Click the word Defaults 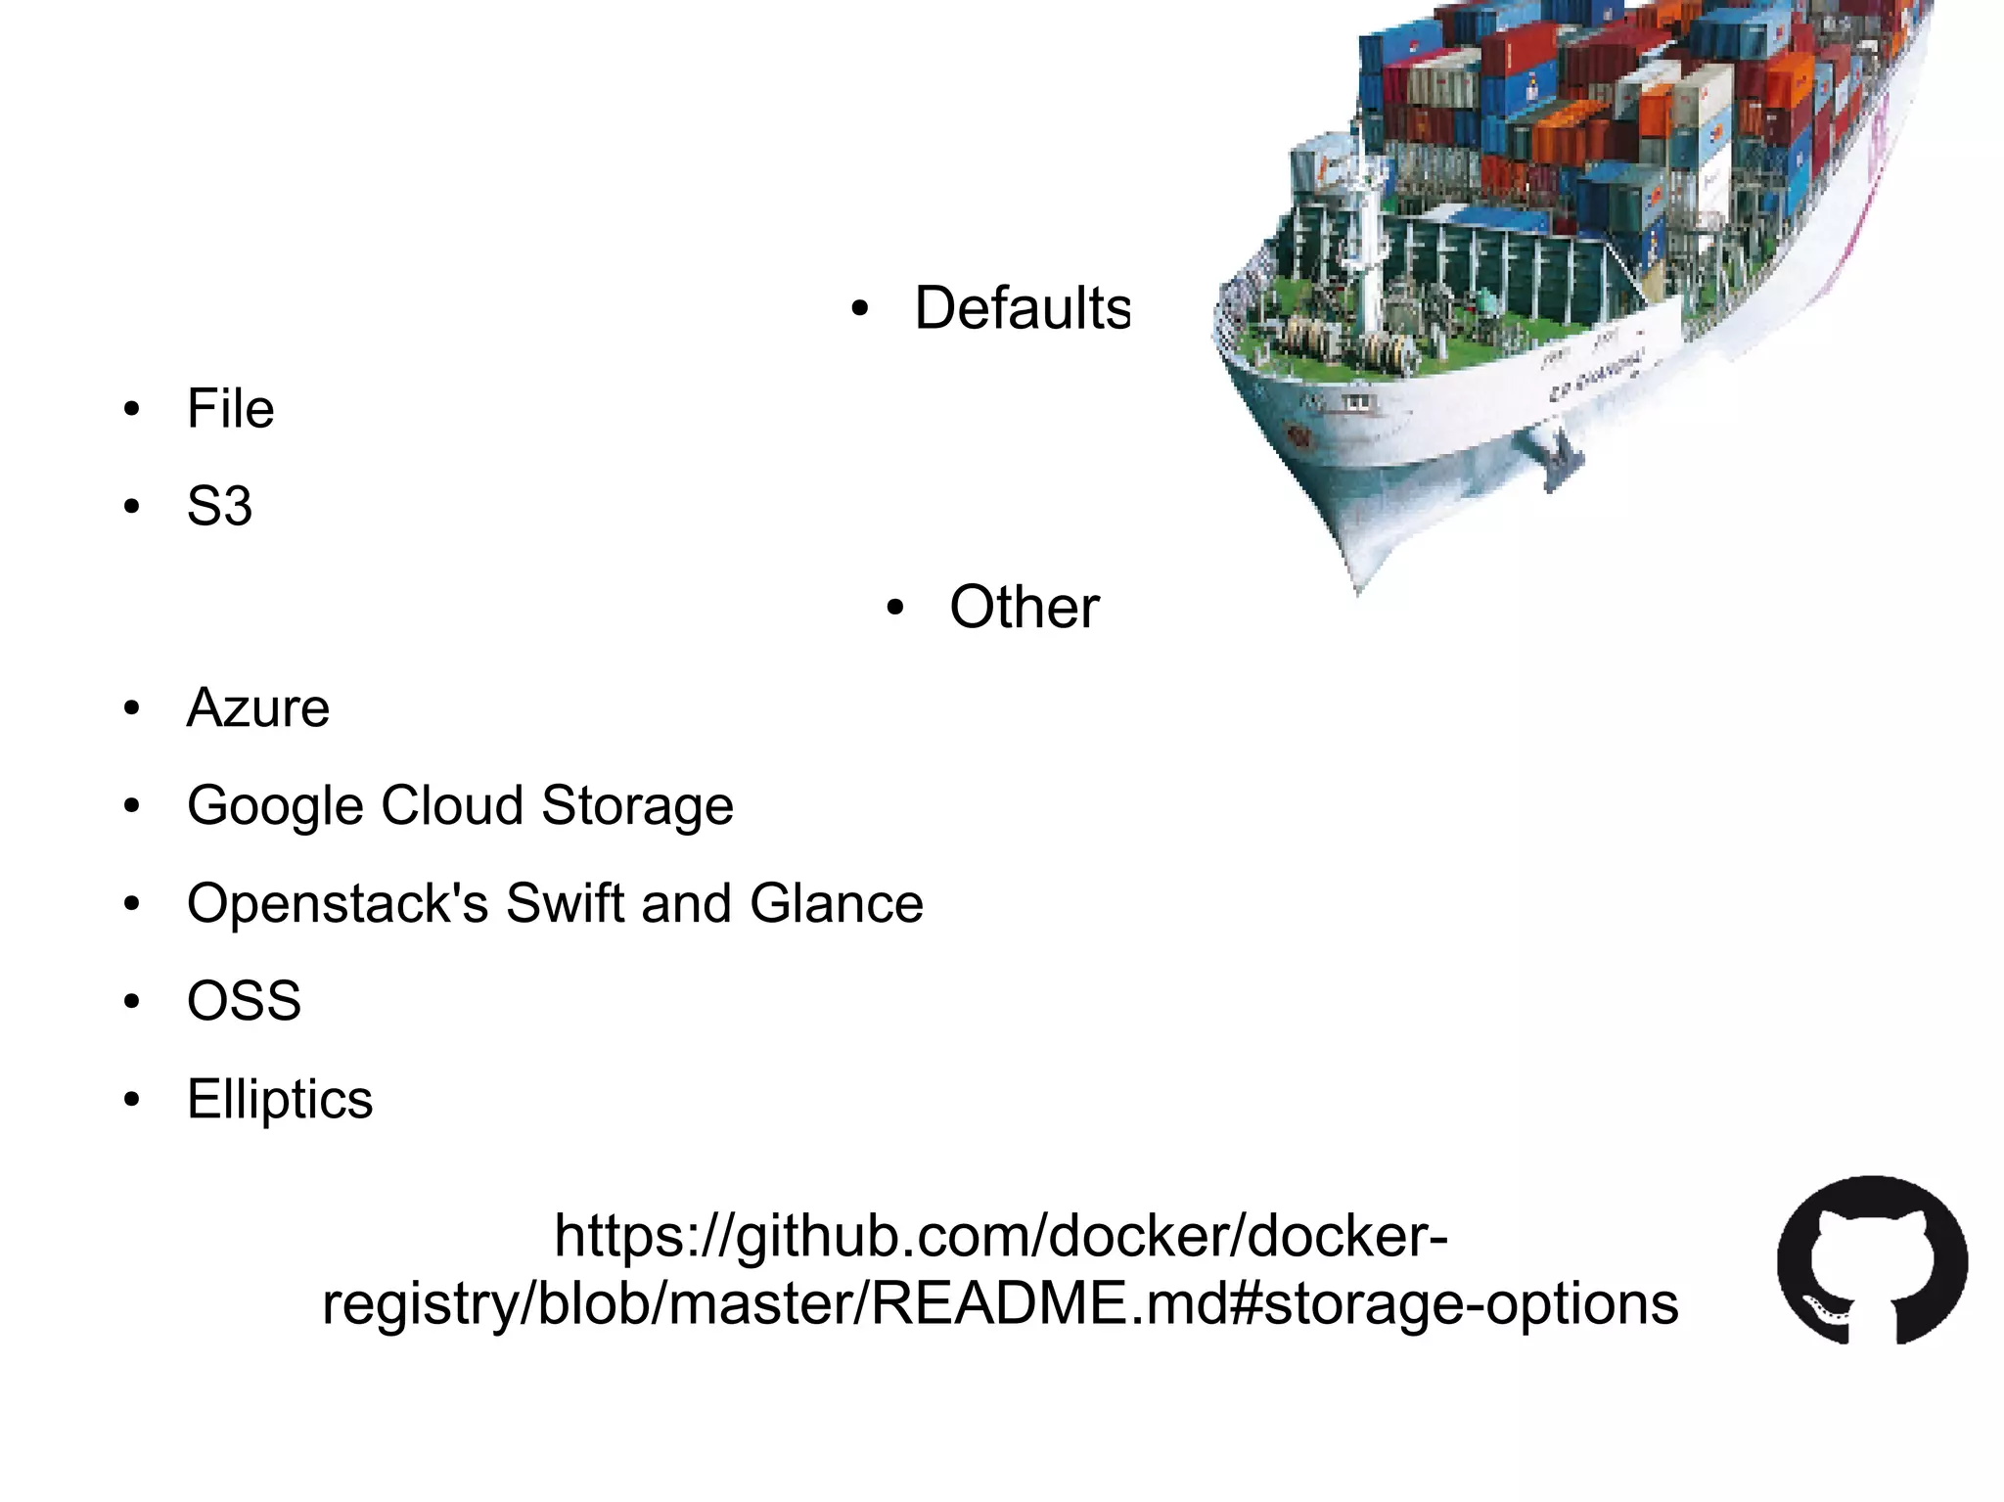click(1022, 308)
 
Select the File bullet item click(230, 408)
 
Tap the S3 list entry click(219, 506)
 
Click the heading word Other click(1024, 607)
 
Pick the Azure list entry click(257, 707)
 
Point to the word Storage click(636, 806)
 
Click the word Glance click(836, 902)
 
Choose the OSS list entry click(244, 1001)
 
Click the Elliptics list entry click(280, 1099)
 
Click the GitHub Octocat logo click(1871, 1260)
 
